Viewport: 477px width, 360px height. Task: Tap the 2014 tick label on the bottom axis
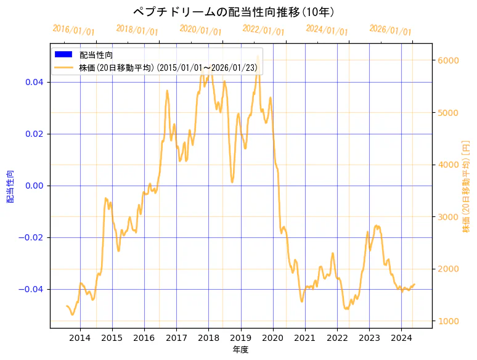(x=80, y=337)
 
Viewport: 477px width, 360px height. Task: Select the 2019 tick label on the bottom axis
(x=241, y=337)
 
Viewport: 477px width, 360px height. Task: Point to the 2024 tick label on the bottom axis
(x=401, y=337)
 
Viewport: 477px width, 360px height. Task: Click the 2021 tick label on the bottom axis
(x=305, y=337)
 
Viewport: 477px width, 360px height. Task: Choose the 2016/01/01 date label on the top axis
(x=74, y=30)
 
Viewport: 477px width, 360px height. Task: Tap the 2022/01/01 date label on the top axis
(x=264, y=30)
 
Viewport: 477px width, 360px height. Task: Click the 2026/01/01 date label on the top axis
(x=390, y=30)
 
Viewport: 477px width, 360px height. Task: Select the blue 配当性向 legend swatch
(x=63, y=55)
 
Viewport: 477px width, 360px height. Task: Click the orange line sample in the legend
(x=63, y=67)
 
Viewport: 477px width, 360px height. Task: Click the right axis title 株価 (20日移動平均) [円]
(x=467, y=186)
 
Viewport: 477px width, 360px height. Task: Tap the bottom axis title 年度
(x=240, y=350)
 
